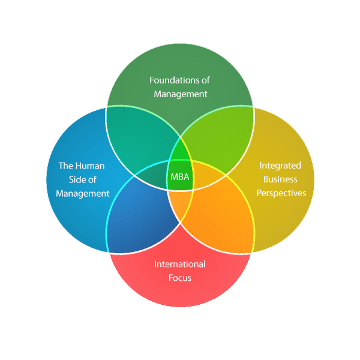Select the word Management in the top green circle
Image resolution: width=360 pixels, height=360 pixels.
point(181,94)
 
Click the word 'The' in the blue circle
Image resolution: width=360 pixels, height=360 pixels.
point(65,166)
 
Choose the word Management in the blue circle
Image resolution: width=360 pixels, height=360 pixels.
point(83,193)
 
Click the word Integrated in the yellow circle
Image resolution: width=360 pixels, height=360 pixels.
point(280,165)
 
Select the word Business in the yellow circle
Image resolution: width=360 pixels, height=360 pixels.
point(280,179)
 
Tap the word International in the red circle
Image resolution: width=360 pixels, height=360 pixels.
point(180,264)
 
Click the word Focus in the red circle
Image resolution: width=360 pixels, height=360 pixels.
point(181,278)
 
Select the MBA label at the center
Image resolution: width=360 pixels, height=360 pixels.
point(180,177)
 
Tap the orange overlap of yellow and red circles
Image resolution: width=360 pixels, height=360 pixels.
point(219,216)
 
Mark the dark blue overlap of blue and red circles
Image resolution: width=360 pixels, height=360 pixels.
point(141,216)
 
